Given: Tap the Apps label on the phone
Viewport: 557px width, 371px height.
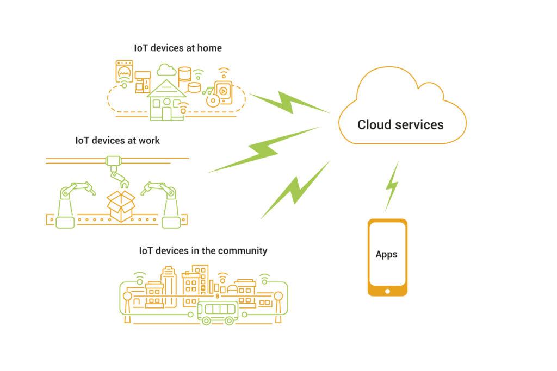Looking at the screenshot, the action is (386, 254).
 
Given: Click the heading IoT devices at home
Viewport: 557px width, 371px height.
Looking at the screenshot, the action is (178, 48).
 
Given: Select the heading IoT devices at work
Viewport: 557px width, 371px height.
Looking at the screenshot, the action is (117, 140).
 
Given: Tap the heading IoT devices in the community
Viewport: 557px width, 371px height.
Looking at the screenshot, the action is (203, 251).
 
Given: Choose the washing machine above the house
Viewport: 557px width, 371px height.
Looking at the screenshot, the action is (125, 71).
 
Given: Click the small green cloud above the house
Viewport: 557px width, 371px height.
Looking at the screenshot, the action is (166, 70).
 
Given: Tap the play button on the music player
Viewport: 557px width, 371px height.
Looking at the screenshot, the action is (223, 91).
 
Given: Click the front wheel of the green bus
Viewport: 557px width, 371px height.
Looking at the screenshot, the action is (207, 320).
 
